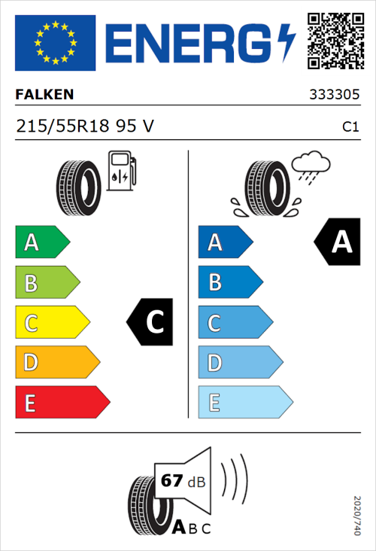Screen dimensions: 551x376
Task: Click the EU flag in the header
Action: [55, 43]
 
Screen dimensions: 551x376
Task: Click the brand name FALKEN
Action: [45, 95]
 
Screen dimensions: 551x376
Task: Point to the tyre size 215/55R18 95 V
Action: [85, 126]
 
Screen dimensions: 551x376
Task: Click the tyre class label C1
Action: [350, 126]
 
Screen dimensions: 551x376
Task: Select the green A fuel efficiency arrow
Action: [41, 242]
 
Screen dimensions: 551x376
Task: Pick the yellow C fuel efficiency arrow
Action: [51, 322]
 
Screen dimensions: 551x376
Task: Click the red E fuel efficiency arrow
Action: [62, 403]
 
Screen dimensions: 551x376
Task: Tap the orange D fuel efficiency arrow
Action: [56, 363]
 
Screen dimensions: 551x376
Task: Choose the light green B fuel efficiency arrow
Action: [47, 283]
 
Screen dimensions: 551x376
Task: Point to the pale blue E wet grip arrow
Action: [244, 403]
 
